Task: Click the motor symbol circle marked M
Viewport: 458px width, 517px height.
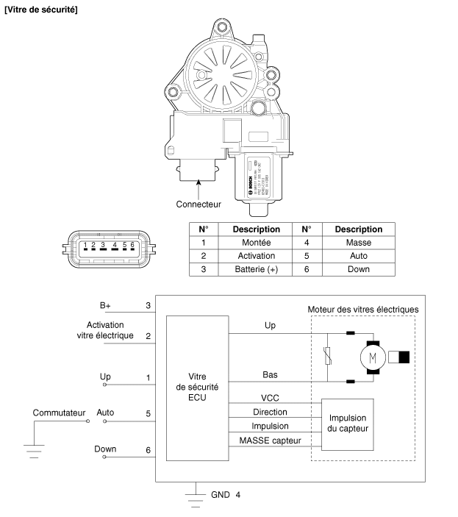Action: (371, 358)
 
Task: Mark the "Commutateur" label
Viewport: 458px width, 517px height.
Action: (60, 413)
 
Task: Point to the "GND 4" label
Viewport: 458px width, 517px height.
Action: (225, 494)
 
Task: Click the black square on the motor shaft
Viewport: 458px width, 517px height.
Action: (404, 358)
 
